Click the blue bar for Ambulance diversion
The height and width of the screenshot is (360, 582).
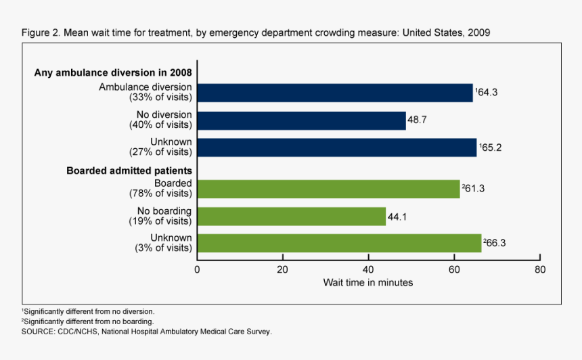(335, 93)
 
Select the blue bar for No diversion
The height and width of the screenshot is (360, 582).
(301, 120)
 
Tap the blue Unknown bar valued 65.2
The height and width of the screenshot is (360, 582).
(337, 148)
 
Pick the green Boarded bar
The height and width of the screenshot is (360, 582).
(328, 189)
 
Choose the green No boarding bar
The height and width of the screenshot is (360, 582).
(292, 217)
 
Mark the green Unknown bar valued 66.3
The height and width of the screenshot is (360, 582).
(339, 243)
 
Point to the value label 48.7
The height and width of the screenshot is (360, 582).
(418, 120)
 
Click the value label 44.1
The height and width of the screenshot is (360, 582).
(397, 217)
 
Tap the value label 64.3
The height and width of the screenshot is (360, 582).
(488, 93)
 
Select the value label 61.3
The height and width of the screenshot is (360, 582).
(474, 189)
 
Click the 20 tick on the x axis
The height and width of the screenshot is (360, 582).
(283, 269)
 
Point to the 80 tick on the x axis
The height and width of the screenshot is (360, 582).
(539, 269)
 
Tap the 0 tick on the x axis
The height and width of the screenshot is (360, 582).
(198, 269)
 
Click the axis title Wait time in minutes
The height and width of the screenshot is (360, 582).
(368, 282)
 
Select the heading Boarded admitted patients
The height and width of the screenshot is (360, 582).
(129, 171)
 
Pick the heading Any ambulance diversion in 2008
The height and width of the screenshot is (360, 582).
(113, 73)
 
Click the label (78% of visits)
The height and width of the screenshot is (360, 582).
(160, 194)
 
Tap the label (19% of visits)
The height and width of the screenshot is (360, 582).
(160, 221)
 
